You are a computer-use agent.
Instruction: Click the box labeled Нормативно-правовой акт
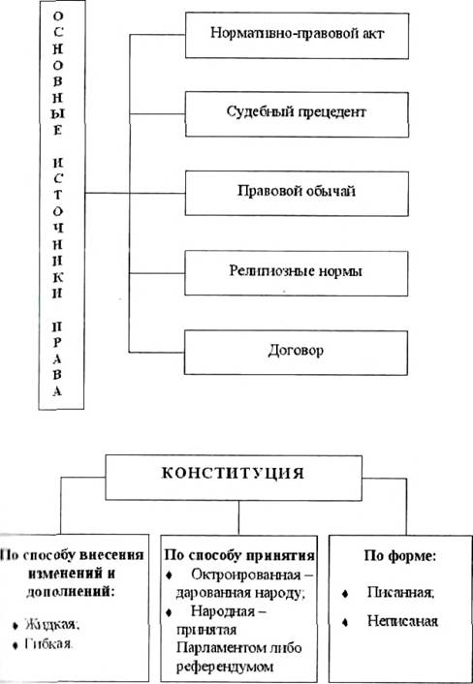[297, 35]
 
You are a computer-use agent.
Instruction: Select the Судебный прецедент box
[297, 114]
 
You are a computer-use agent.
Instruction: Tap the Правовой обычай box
[297, 193]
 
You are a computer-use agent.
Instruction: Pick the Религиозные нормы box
[297, 272]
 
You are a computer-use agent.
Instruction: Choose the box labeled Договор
[296, 352]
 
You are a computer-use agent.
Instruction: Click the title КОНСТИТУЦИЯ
[233, 474]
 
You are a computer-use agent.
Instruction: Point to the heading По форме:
[401, 557]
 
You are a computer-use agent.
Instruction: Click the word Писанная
[400, 594]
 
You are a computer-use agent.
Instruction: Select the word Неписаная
[402, 621]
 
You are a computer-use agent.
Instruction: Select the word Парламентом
[215, 649]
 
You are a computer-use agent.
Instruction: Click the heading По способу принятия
[239, 557]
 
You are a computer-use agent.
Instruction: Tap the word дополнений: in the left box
[73, 593]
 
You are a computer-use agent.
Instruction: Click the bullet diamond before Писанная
[345, 595]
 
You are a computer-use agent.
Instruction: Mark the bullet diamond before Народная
[170, 612]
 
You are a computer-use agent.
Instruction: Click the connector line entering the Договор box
[157, 352]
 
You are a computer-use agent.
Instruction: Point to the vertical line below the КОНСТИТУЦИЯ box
[238, 517]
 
